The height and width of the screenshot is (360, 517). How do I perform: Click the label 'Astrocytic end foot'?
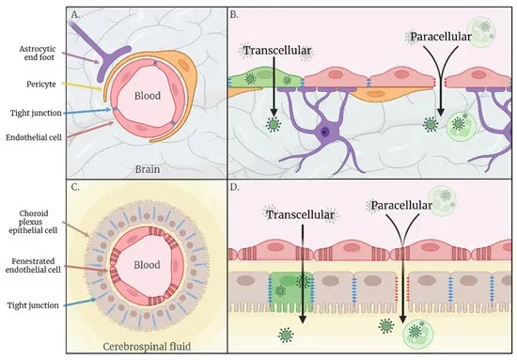pyautogui.click(x=37, y=55)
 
